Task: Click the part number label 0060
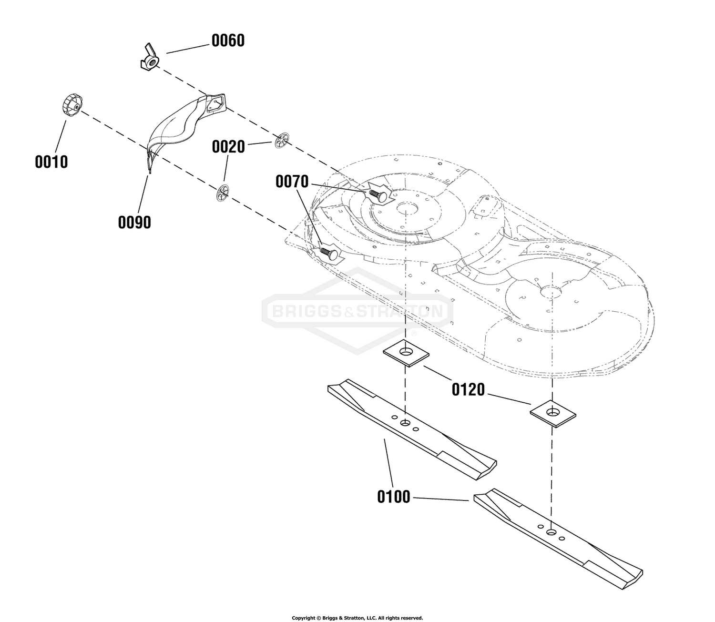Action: [228, 41]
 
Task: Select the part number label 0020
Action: [228, 147]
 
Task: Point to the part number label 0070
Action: [292, 182]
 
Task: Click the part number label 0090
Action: [134, 222]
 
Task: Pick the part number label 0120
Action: [468, 390]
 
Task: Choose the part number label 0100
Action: [394, 497]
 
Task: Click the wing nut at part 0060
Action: [149, 61]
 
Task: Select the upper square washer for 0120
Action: [406, 353]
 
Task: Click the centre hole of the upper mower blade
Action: [405, 423]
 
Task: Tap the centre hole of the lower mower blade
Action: [552, 531]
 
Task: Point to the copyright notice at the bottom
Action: [357, 618]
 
